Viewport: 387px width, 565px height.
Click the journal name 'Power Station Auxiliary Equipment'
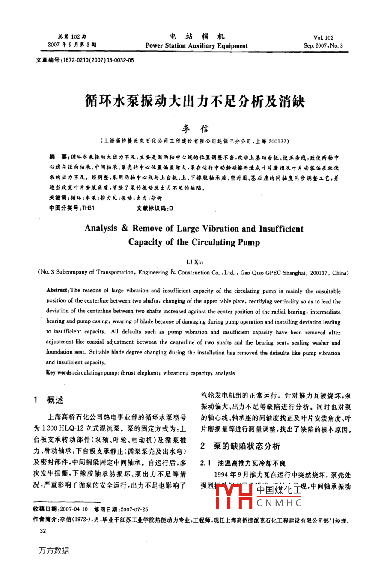click(196, 46)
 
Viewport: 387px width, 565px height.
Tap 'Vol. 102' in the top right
click(323, 38)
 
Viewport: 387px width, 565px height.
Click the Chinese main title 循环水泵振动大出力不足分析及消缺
click(194, 101)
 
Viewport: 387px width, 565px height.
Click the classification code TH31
click(89, 208)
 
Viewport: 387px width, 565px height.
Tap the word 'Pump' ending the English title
click(249, 242)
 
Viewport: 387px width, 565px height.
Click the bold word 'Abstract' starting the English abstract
click(57, 290)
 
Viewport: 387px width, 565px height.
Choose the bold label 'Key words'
click(59, 373)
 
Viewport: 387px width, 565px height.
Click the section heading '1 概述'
click(48, 400)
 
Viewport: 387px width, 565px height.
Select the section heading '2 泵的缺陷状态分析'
click(240, 446)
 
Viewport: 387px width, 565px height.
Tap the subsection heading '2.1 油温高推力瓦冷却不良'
click(243, 463)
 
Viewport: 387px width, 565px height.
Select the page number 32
click(43, 531)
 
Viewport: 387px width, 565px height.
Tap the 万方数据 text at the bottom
click(54, 551)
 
